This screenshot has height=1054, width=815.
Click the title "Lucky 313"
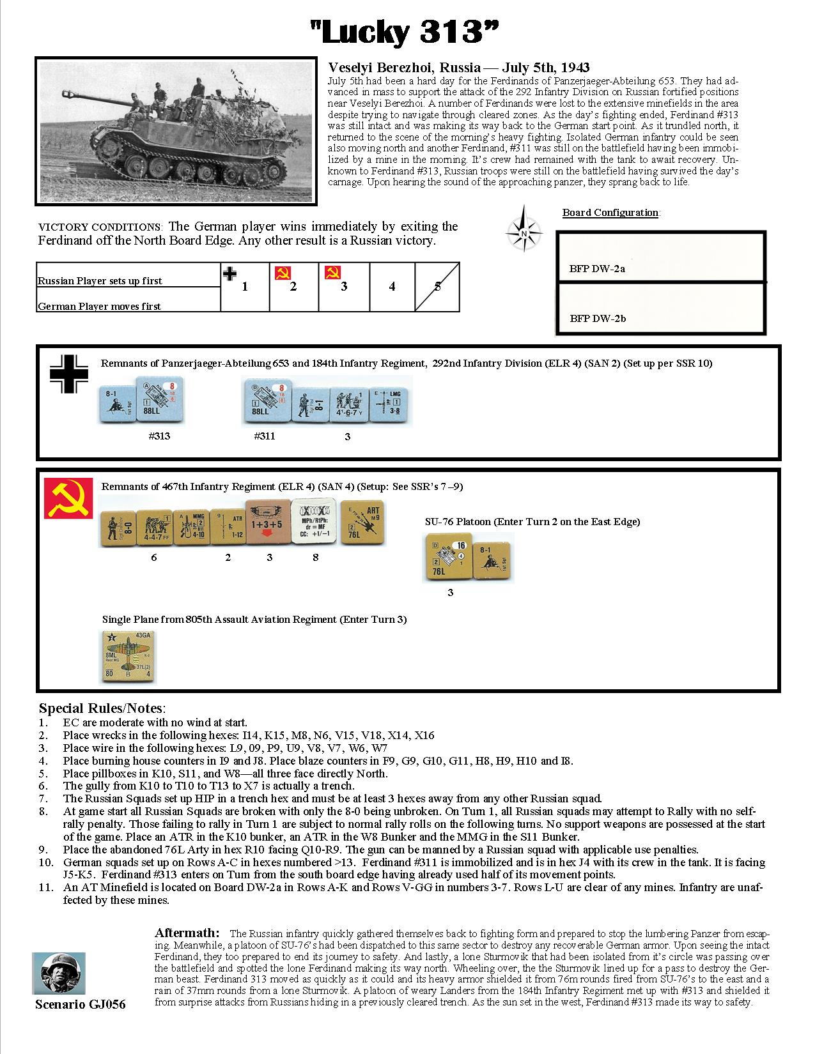pyautogui.click(x=404, y=32)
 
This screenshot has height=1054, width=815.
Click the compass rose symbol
pyautogui.click(x=524, y=229)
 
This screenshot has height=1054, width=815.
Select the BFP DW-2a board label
pyautogui.click(x=597, y=268)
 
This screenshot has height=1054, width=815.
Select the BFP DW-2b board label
pyautogui.click(x=598, y=318)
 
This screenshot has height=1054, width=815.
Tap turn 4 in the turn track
pyautogui.click(x=392, y=287)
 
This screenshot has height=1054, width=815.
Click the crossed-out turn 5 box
pyautogui.click(x=437, y=287)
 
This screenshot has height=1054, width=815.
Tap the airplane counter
pyautogui.click(x=128, y=656)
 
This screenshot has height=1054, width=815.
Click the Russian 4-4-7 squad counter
pyautogui.click(x=155, y=528)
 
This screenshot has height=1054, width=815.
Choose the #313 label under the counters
pyautogui.click(x=159, y=437)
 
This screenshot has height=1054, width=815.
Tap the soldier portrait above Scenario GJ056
pyautogui.click(x=58, y=973)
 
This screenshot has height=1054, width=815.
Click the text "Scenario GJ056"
pyautogui.click(x=80, y=1005)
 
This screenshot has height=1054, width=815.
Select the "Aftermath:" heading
pyautogui.click(x=187, y=933)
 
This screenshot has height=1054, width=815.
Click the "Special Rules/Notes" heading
pyautogui.click(x=102, y=708)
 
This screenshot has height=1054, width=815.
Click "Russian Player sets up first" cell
pyautogui.click(x=100, y=280)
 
